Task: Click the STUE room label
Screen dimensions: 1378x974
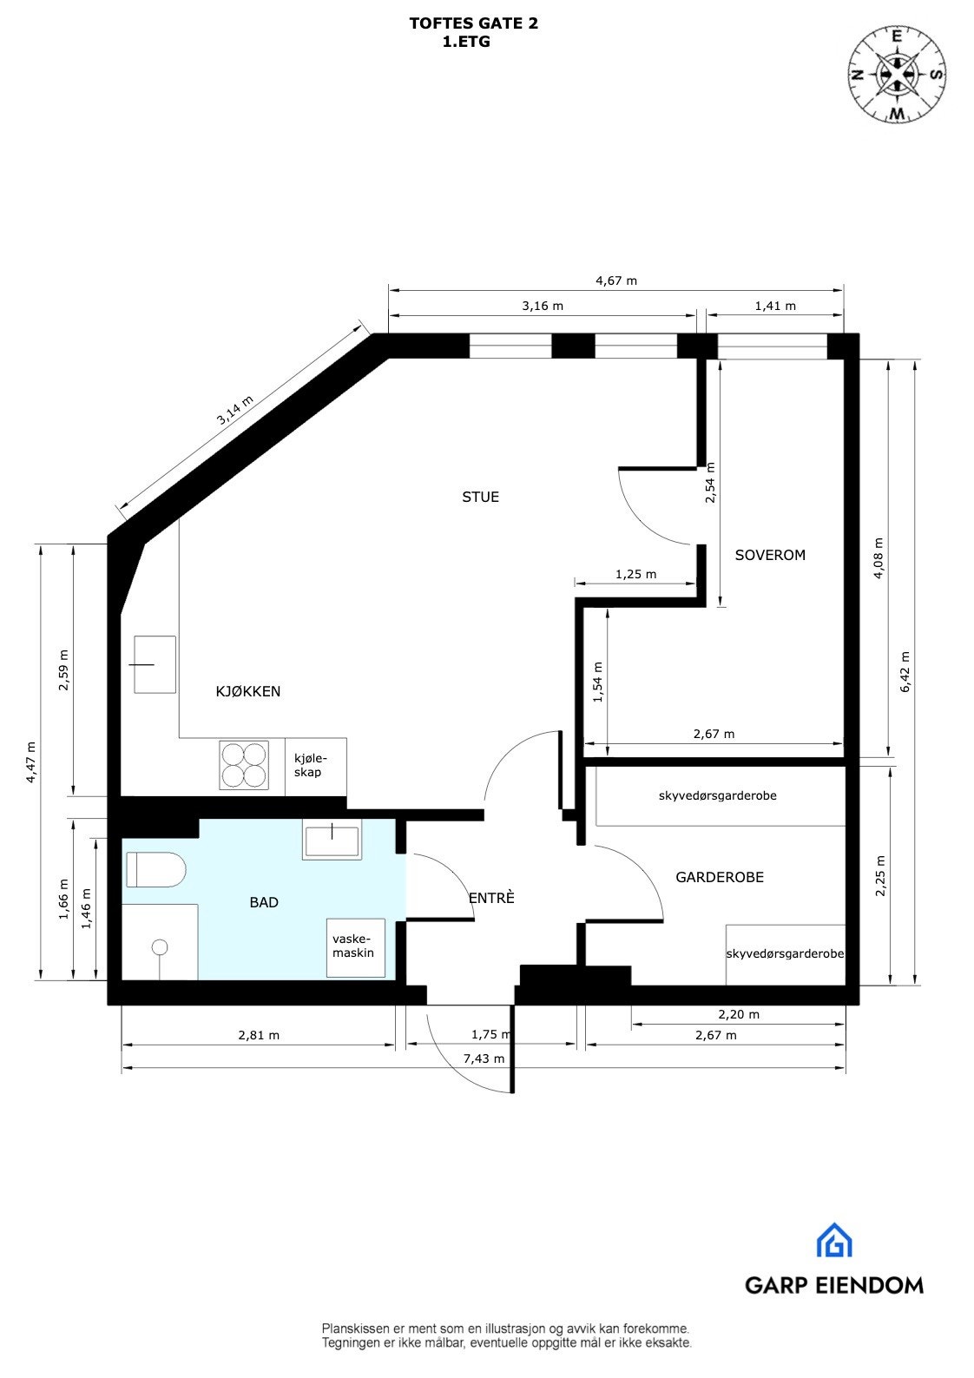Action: point(480,498)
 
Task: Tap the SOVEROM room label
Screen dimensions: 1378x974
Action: point(770,555)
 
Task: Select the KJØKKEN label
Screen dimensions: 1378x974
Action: point(248,692)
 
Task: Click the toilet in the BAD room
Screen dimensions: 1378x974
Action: point(156,870)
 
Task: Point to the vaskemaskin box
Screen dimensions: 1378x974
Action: point(356,946)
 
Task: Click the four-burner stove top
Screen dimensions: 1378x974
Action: point(243,764)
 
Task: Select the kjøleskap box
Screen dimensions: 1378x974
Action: point(314,765)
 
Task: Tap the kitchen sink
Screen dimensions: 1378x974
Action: point(155,664)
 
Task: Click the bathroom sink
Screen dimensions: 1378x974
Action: point(332,842)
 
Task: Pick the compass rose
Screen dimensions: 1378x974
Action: point(897,75)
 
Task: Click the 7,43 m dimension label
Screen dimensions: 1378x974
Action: point(484,1059)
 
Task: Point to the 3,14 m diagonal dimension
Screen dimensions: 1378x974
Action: point(235,410)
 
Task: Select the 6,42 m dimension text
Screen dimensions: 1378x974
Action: point(905,672)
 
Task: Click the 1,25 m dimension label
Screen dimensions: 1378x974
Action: point(635,574)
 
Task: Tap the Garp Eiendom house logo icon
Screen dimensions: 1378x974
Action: point(833,1241)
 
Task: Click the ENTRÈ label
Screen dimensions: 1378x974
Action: point(491,899)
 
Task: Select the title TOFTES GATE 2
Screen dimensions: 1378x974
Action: point(473,23)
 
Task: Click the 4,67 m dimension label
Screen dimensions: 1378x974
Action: point(615,280)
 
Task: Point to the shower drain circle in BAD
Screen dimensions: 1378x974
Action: point(159,947)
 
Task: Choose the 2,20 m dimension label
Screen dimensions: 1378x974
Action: point(739,1014)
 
